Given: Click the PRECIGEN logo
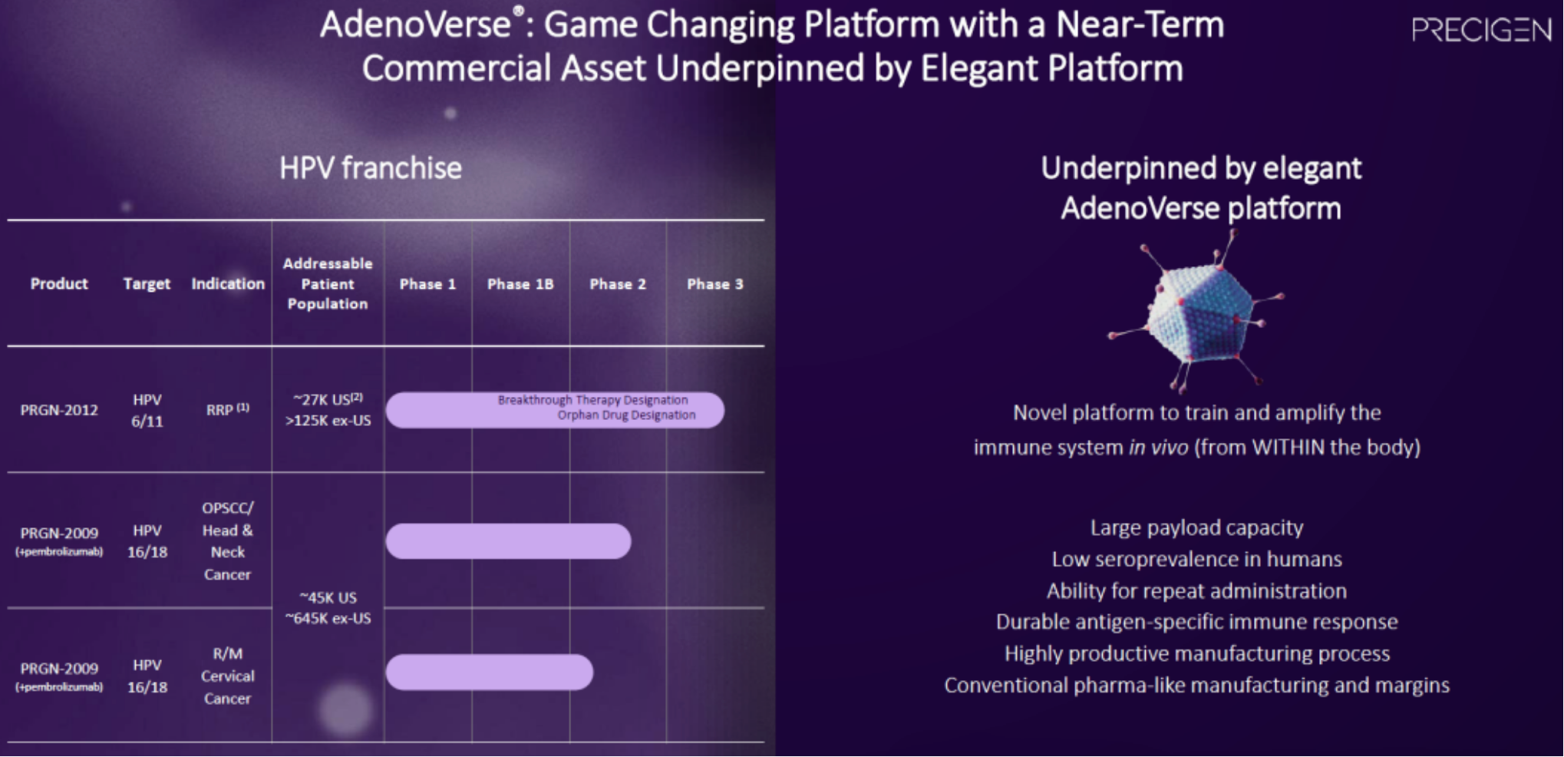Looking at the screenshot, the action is tap(1481, 30).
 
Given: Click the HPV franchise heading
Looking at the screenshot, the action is tap(371, 168).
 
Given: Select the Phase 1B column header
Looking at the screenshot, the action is tap(520, 284).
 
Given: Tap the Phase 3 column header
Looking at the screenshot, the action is tap(715, 284).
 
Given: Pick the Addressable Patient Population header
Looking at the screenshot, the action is tap(328, 283).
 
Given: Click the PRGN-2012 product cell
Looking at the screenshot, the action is tap(59, 410).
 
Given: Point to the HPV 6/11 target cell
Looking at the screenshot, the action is tap(147, 410).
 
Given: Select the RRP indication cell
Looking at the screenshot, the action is tap(227, 409).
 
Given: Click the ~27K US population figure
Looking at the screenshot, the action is tap(328, 399).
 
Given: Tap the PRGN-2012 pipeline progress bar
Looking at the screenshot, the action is tap(555, 410).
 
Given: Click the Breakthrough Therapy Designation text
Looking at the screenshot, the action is tap(592, 400).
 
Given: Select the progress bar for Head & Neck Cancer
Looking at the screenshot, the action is tap(508, 541).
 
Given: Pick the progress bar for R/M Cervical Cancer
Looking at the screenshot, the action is tap(489, 673).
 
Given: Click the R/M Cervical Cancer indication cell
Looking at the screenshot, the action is tap(227, 676).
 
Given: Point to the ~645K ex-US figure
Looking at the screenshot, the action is tap(328, 618).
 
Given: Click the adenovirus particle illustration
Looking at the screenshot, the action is tap(1197, 312).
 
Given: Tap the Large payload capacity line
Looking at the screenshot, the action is tap(1196, 527).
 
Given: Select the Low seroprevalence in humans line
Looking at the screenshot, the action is tap(1196, 559).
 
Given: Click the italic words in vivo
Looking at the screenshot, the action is tap(1158, 447).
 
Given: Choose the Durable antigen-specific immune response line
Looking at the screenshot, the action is tap(1196, 622).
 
